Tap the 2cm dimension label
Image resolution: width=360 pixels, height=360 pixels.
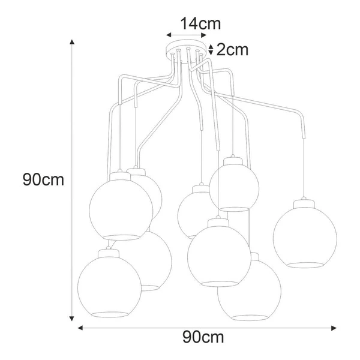click(232, 49)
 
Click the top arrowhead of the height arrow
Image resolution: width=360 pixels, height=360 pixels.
click(73, 43)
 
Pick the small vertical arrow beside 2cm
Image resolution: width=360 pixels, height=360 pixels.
click(211, 49)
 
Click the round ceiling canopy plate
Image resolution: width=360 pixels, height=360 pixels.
click(187, 50)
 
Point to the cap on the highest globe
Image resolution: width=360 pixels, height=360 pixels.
click(232, 159)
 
